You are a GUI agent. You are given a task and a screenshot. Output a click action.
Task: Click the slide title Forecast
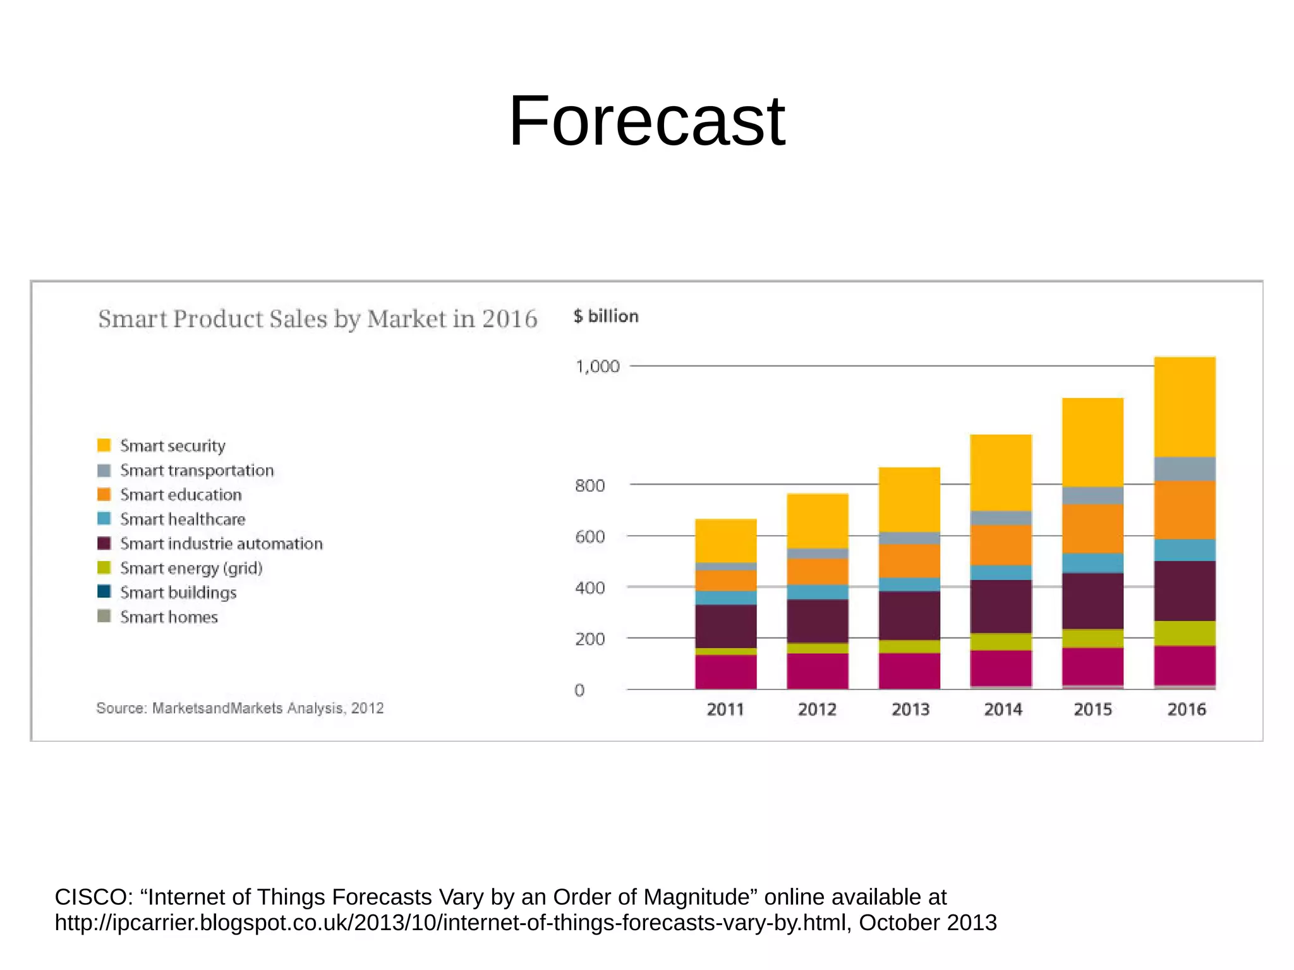(646, 121)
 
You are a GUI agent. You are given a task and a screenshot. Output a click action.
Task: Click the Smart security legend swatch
(104, 446)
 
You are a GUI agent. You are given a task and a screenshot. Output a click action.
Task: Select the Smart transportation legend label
(197, 470)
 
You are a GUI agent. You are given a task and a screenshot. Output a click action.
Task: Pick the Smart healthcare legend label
(183, 519)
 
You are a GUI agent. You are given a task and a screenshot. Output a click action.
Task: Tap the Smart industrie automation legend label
(221, 543)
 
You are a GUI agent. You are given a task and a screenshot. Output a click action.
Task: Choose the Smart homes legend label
(169, 617)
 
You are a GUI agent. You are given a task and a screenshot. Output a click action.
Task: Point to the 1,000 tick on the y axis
(597, 367)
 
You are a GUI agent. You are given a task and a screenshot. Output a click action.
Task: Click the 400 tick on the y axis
(590, 588)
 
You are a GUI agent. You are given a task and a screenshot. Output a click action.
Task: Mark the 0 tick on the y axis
(579, 691)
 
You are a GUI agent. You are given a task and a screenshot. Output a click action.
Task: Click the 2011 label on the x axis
(725, 710)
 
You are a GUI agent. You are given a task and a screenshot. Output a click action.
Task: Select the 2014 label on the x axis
(1003, 710)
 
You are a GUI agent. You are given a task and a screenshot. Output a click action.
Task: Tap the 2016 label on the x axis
(1186, 710)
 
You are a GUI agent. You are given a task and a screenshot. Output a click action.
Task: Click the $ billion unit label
(606, 317)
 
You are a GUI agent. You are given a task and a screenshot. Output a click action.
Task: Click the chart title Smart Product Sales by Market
(317, 319)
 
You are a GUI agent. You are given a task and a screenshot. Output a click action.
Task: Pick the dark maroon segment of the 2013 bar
(909, 615)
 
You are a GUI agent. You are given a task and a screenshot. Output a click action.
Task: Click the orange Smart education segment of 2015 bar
(1092, 528)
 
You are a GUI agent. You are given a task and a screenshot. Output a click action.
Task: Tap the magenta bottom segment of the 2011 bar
(725, 672)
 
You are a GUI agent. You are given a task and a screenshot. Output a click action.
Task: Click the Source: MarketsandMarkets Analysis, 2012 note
(239, 708)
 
